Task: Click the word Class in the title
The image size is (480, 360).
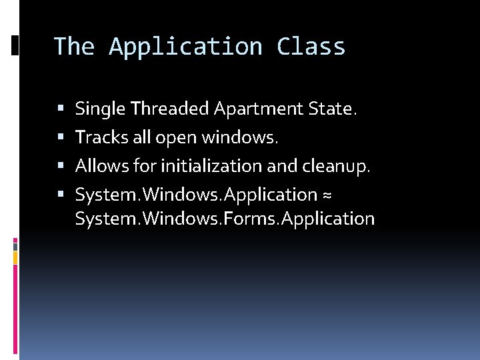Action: (x=311, y=47)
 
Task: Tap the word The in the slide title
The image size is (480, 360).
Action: (x=74, y=47)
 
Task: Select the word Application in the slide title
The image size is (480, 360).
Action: (x=186, y=47)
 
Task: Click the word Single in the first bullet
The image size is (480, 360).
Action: (x=101, y=109)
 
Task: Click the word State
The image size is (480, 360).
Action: (x=332, y=108)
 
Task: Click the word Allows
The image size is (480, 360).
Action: (x=99, y=165)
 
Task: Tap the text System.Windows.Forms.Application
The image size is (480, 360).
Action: (x=225, y=218)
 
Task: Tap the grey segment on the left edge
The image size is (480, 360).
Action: (x=15, y=245)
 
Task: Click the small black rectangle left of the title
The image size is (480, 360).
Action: (x=15, y=45)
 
